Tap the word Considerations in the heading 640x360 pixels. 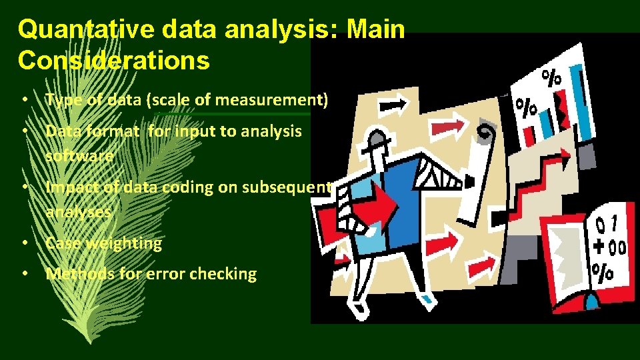tap(114, 60)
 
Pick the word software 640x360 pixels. tap(79, 156)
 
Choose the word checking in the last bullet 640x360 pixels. tap(224, 274)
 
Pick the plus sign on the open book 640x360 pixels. tap(599, 245)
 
